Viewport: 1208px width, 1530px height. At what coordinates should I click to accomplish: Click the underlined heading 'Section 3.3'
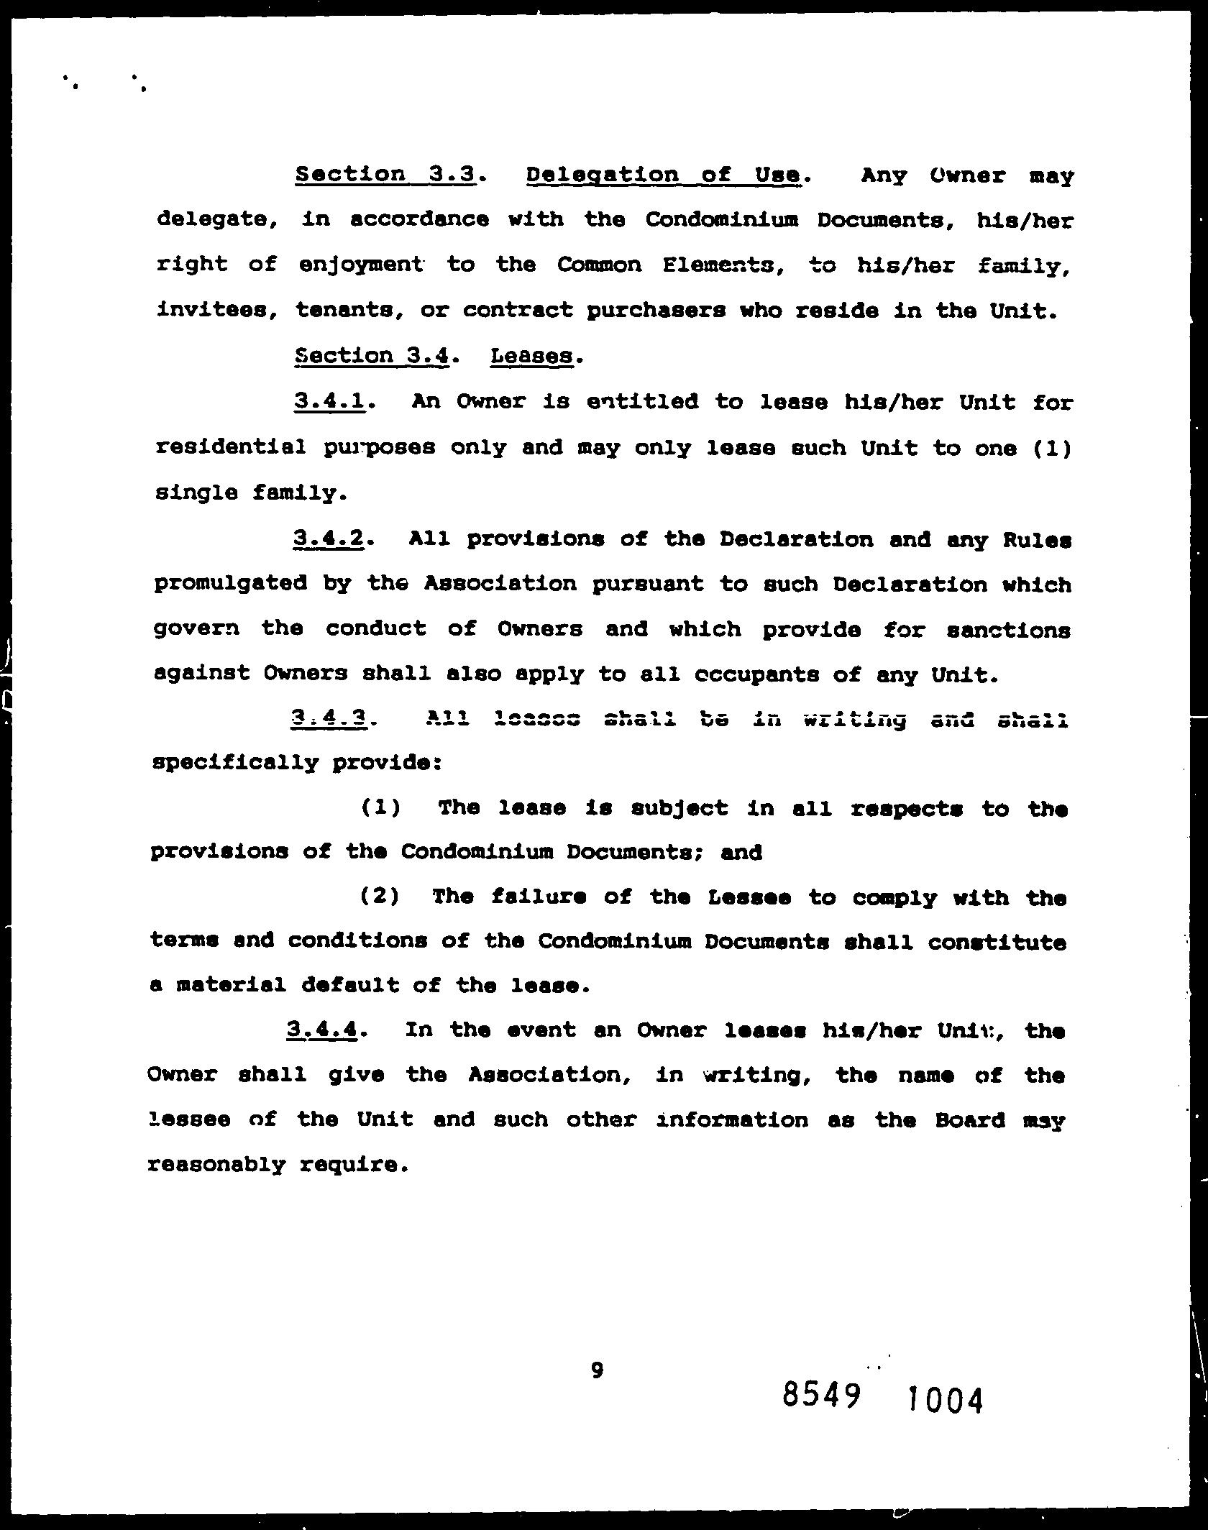pos(385,175)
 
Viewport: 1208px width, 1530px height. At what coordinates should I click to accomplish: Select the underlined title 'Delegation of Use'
pos(663,175)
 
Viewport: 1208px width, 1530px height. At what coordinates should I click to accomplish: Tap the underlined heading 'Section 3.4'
pos(372,356)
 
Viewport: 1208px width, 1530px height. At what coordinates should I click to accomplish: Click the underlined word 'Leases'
pos(531,356)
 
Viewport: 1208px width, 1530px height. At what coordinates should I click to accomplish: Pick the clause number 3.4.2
pos(327,539)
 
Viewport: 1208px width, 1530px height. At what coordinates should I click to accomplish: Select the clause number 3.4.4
pos(321,1030)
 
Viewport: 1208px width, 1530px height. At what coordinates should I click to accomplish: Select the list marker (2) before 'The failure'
pos(380,897)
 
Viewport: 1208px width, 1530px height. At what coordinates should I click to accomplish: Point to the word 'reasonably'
pos(216,1164)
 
